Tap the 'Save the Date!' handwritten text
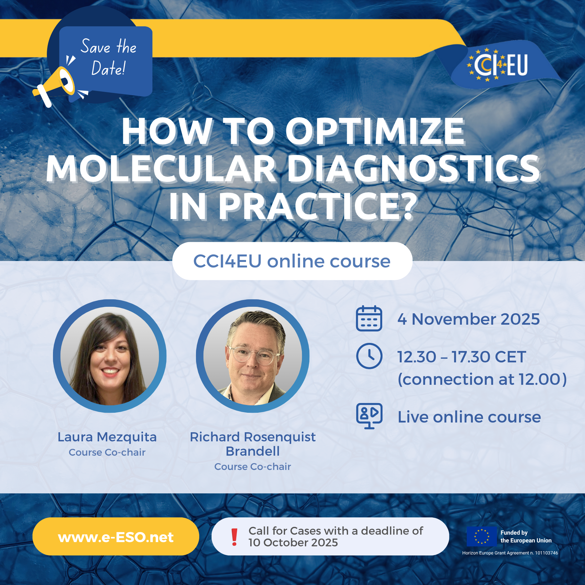[x=109, y=57]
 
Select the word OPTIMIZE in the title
[x=375, y=132]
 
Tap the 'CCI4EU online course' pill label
[x=292, y=261]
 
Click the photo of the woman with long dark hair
[x=110, y=356]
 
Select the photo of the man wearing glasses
[x=253, y=356]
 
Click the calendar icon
[x=369, y=318]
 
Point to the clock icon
[x=369, y=356]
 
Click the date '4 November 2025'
[x=469, y=319]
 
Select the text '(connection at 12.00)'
[x=482, y=379]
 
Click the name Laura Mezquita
[x=107, y=437]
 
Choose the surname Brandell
[x=253, y=451]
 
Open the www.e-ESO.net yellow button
[x=116, y=536]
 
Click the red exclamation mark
[x=234, y=537]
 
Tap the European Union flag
[x=482, y=536]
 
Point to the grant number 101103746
[x=547, y=553]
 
